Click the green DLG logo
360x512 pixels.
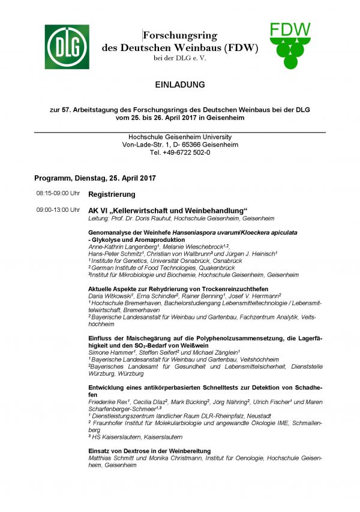point(66,47)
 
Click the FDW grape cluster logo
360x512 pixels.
point(290,46)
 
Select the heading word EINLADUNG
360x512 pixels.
point(179,85)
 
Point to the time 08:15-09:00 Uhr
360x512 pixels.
point(58,194)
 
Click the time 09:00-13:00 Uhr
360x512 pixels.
point(58,210)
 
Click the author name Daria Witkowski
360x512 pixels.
point(110,296)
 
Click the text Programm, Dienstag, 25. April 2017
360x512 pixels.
point(95,178)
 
